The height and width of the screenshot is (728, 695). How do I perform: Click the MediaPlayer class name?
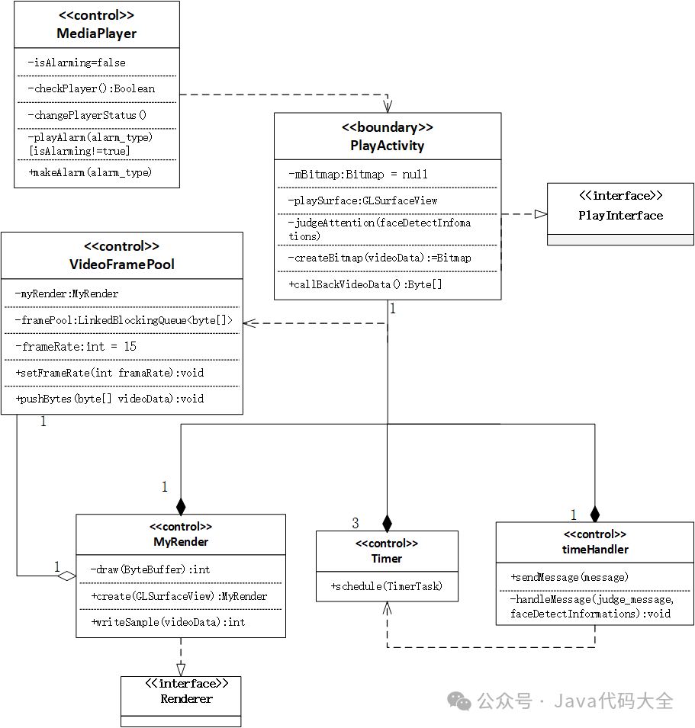coord(96,34)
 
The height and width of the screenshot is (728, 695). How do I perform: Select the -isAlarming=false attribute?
coord(76,63)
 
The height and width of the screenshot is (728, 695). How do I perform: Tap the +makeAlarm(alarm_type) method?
coord(90,173)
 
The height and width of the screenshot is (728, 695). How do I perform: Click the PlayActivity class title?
coord(388,145)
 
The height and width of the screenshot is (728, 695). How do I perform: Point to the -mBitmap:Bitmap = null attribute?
coord(358,175)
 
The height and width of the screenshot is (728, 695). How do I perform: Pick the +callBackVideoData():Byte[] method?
coord(365,284)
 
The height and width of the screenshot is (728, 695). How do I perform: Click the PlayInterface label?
coord(620,216)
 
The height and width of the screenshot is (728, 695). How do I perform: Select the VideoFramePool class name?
coord(121,265)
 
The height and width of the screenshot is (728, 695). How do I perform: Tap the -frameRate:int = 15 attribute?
coord(76,347)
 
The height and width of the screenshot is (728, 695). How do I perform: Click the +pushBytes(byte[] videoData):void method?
coord(109,399)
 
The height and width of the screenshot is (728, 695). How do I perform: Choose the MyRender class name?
coord(181,542)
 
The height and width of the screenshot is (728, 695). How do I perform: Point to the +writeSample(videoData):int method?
coord(168,622)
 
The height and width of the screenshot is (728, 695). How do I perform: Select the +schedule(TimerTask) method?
coord(386,586)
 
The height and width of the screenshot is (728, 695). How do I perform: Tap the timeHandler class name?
coord(594,549)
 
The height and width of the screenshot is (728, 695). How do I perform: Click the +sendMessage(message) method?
coord(570,577)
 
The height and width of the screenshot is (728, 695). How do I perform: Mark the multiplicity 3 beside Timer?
coord(355,523)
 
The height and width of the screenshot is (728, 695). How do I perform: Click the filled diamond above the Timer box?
coord(387,523)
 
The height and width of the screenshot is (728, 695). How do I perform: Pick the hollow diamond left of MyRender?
coord(67,576)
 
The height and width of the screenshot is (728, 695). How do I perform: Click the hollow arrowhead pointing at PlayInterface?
coord(541,215)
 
